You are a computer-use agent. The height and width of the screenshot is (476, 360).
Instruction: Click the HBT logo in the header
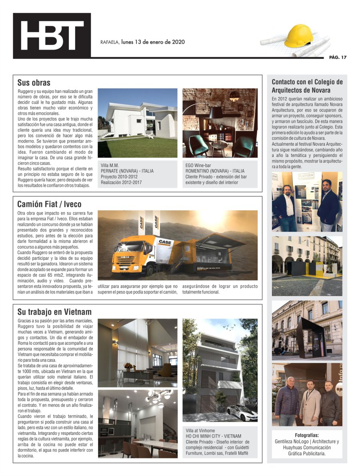click(x=52, y=36)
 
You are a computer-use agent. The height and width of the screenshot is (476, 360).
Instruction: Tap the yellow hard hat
click(x=298, y=36)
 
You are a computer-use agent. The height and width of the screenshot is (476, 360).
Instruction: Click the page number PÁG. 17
click(x=338, y=57)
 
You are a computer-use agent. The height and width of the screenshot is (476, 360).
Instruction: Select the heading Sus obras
click(x=34, y=83)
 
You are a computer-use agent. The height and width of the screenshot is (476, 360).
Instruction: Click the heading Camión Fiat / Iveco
click(x=49, y=204)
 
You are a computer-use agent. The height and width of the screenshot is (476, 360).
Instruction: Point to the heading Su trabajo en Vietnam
click(x=54, y=312)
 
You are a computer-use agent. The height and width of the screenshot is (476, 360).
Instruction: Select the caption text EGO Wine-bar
click(x=199, y=165)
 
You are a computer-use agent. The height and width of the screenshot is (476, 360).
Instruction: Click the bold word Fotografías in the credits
click(x=307, y=436)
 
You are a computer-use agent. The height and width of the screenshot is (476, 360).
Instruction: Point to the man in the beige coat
click(x=310, y=402)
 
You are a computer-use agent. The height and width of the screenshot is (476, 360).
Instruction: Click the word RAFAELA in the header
click(x=110, y=42)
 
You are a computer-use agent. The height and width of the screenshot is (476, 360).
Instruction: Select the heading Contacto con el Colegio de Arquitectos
click(x=307, y=86)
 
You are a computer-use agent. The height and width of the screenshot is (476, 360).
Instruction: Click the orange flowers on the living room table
click(x=128, y=366)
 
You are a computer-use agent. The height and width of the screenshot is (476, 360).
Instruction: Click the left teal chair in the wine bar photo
click(x=198, y=145)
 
